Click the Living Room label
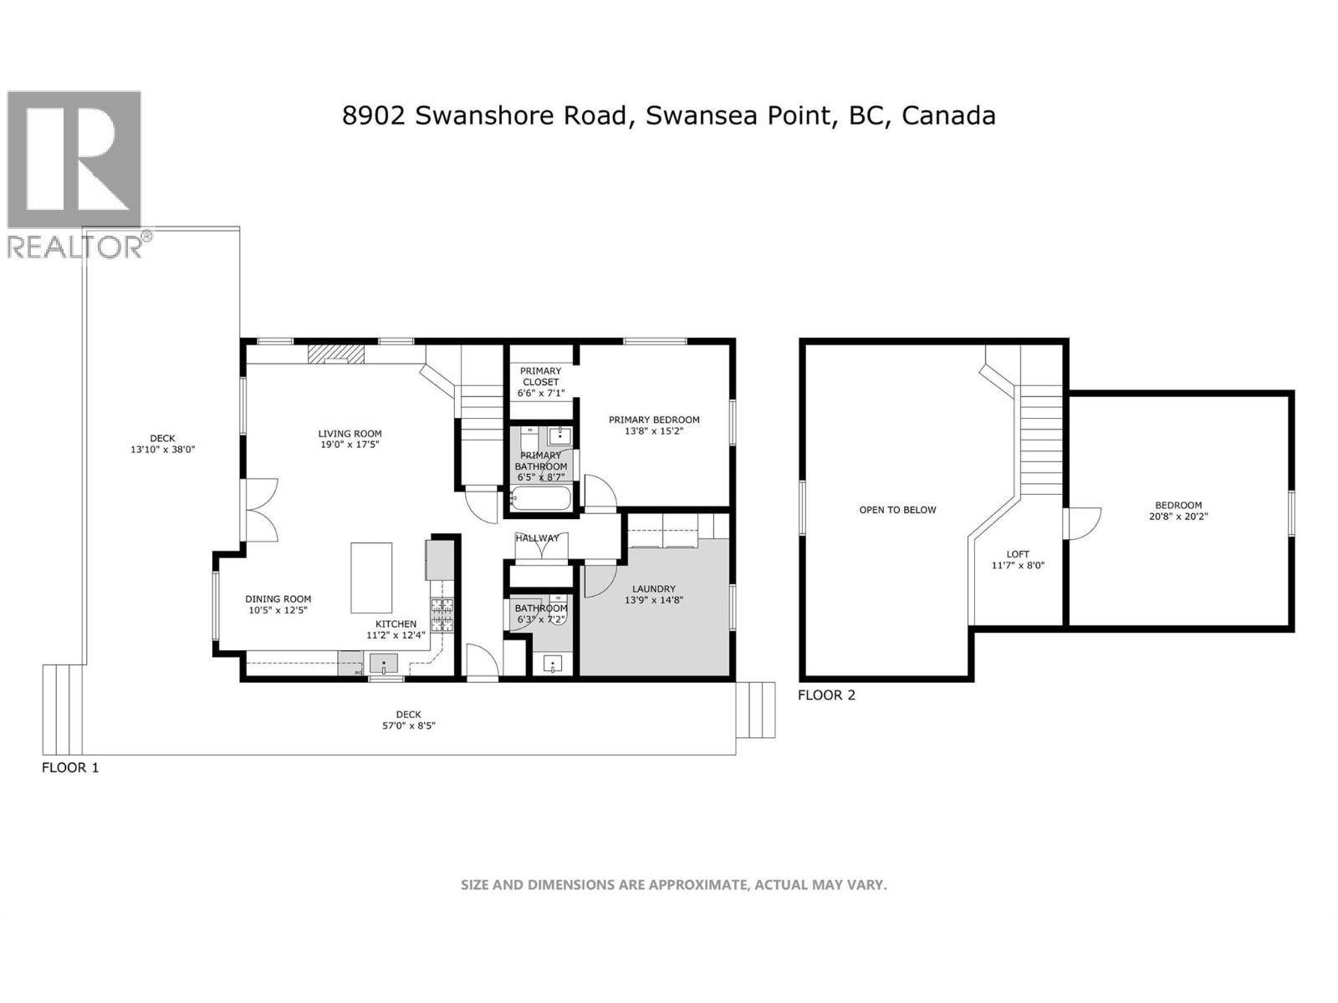(350, 434)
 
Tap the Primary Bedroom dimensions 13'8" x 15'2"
(654, 432)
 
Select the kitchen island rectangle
(371, 578)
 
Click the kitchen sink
(384, 664)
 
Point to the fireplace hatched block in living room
(336, 354)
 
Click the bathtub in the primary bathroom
(540, 499)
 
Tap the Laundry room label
(654, 588)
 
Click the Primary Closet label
(541, 376)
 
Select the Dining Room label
(278, 598)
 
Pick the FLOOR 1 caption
(70, 767)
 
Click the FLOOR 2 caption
(826, 695)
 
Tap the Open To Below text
(897, 509)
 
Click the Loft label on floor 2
(1018, 553)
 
